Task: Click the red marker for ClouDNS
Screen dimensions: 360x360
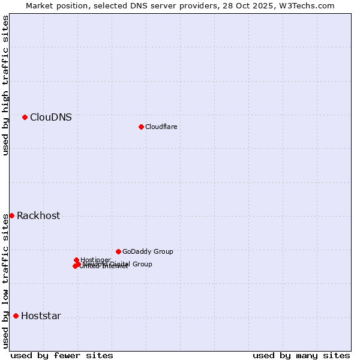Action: [25, 117]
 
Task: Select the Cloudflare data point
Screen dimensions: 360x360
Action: [141, 127]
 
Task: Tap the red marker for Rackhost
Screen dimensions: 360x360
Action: [11, 215]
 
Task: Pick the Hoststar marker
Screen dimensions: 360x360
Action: [16, 316]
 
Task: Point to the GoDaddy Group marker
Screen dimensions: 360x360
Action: [118, 251]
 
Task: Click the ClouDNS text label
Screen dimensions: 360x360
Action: [51, 118]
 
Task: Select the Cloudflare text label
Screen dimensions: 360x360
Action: [161, 127]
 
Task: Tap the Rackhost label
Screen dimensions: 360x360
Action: [38, 216]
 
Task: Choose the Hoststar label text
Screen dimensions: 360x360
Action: [41, 316]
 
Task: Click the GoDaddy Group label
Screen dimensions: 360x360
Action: [148, 252]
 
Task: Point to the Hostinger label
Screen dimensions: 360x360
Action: [96, 260]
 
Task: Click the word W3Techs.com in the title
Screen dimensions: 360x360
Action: [310, 5]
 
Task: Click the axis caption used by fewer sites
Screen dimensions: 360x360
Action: [62, 355]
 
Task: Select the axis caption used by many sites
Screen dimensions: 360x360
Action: [301, 355]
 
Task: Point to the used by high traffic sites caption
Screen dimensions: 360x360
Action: [5, 85]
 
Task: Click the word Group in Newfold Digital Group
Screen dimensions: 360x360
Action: [142, 264]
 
